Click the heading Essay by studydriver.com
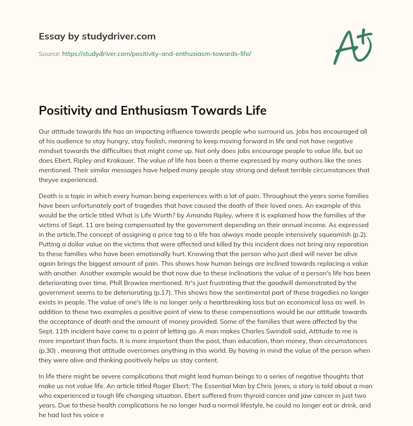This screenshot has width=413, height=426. pos(97,36)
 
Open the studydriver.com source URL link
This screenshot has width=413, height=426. pos(156,54)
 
